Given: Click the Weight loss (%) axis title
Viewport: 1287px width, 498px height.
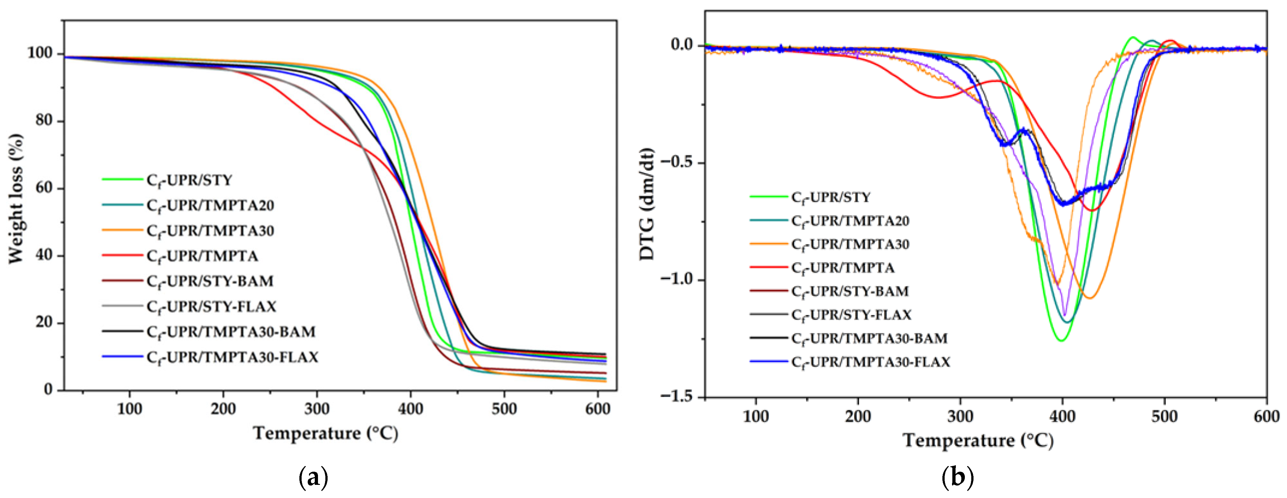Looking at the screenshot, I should click(x=16, y=199).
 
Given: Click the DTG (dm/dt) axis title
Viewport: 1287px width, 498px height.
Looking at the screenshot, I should click(x=647, y=204).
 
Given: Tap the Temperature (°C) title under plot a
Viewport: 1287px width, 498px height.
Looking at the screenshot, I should click(x=326, y=433).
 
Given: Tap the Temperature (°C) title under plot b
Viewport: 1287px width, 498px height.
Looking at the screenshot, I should click(x=978, y=441).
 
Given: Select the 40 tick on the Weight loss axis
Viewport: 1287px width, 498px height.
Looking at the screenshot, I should click(x=44, y=255).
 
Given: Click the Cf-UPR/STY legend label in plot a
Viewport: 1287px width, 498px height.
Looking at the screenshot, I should click(x=189, y=180).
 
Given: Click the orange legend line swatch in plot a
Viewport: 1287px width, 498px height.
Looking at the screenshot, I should click(x=122, y=230).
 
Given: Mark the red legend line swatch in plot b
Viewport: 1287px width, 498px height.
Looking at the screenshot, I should click(x=768, y=267).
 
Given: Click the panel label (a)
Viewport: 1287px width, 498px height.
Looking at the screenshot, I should click(x=313, y=478).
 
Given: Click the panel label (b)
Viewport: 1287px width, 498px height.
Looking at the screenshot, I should click(x=957, y=478).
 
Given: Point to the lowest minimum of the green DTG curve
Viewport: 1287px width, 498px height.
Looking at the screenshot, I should click(x=1060, y=341).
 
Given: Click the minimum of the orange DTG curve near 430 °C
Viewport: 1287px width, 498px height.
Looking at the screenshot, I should click(x=1090, y=298).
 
